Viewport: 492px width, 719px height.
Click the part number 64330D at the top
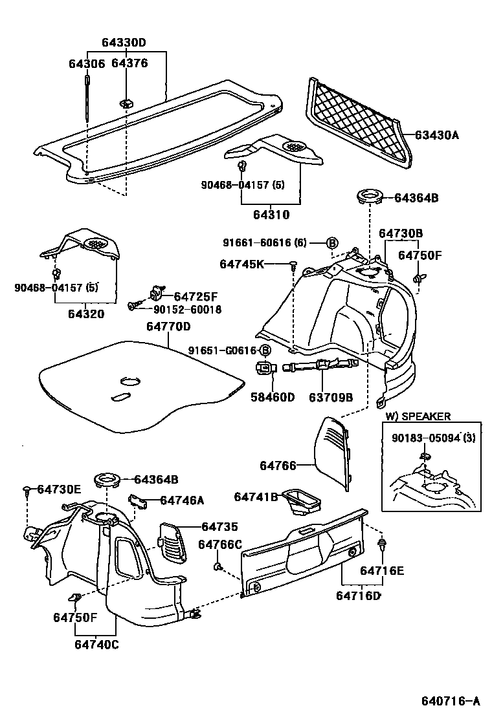click(x=124, y=43)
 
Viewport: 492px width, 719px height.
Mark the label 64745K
click(x=242, y=264)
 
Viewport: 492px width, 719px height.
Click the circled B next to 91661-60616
click(x=331, y=243)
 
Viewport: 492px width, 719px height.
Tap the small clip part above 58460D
click(x=265, y=368)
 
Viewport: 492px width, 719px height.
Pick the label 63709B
click(x=330, y=396)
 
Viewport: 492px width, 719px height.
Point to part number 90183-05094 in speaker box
click(x=433, y=438)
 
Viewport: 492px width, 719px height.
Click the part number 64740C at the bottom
click(x=96, y=644)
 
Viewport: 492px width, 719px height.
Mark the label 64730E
click(x=59, y=489)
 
